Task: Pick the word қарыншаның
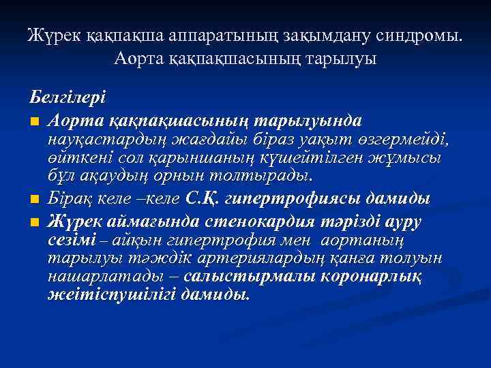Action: (205, 158)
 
